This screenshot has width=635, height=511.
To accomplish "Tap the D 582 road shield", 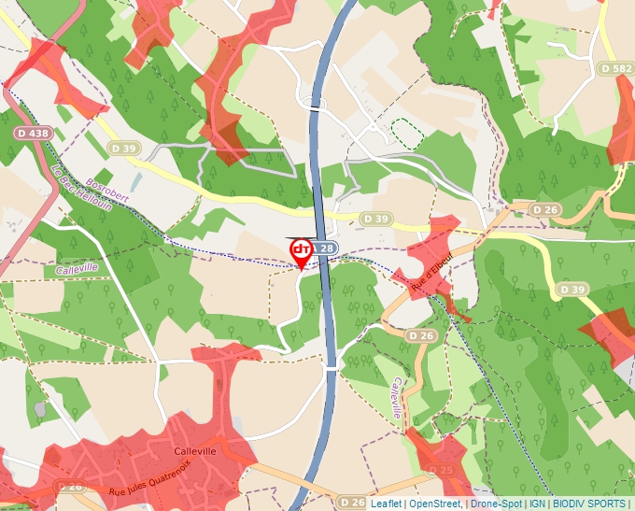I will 616,69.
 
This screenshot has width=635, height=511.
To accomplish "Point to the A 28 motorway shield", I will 323,248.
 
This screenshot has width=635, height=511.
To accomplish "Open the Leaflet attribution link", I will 386,504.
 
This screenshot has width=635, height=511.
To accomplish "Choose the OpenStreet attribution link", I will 435,504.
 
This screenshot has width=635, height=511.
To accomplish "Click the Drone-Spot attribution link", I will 496,504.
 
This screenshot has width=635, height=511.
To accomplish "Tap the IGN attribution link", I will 537,504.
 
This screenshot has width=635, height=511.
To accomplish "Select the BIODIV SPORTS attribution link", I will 589,504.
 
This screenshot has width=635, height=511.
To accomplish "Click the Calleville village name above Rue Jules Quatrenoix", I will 195,450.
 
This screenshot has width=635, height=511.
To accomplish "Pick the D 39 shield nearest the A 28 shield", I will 375,219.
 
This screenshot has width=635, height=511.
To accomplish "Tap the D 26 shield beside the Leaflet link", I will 352,503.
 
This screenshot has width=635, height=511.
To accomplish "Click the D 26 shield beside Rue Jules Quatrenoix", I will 69,487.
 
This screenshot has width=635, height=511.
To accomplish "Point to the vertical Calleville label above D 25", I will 397,397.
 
